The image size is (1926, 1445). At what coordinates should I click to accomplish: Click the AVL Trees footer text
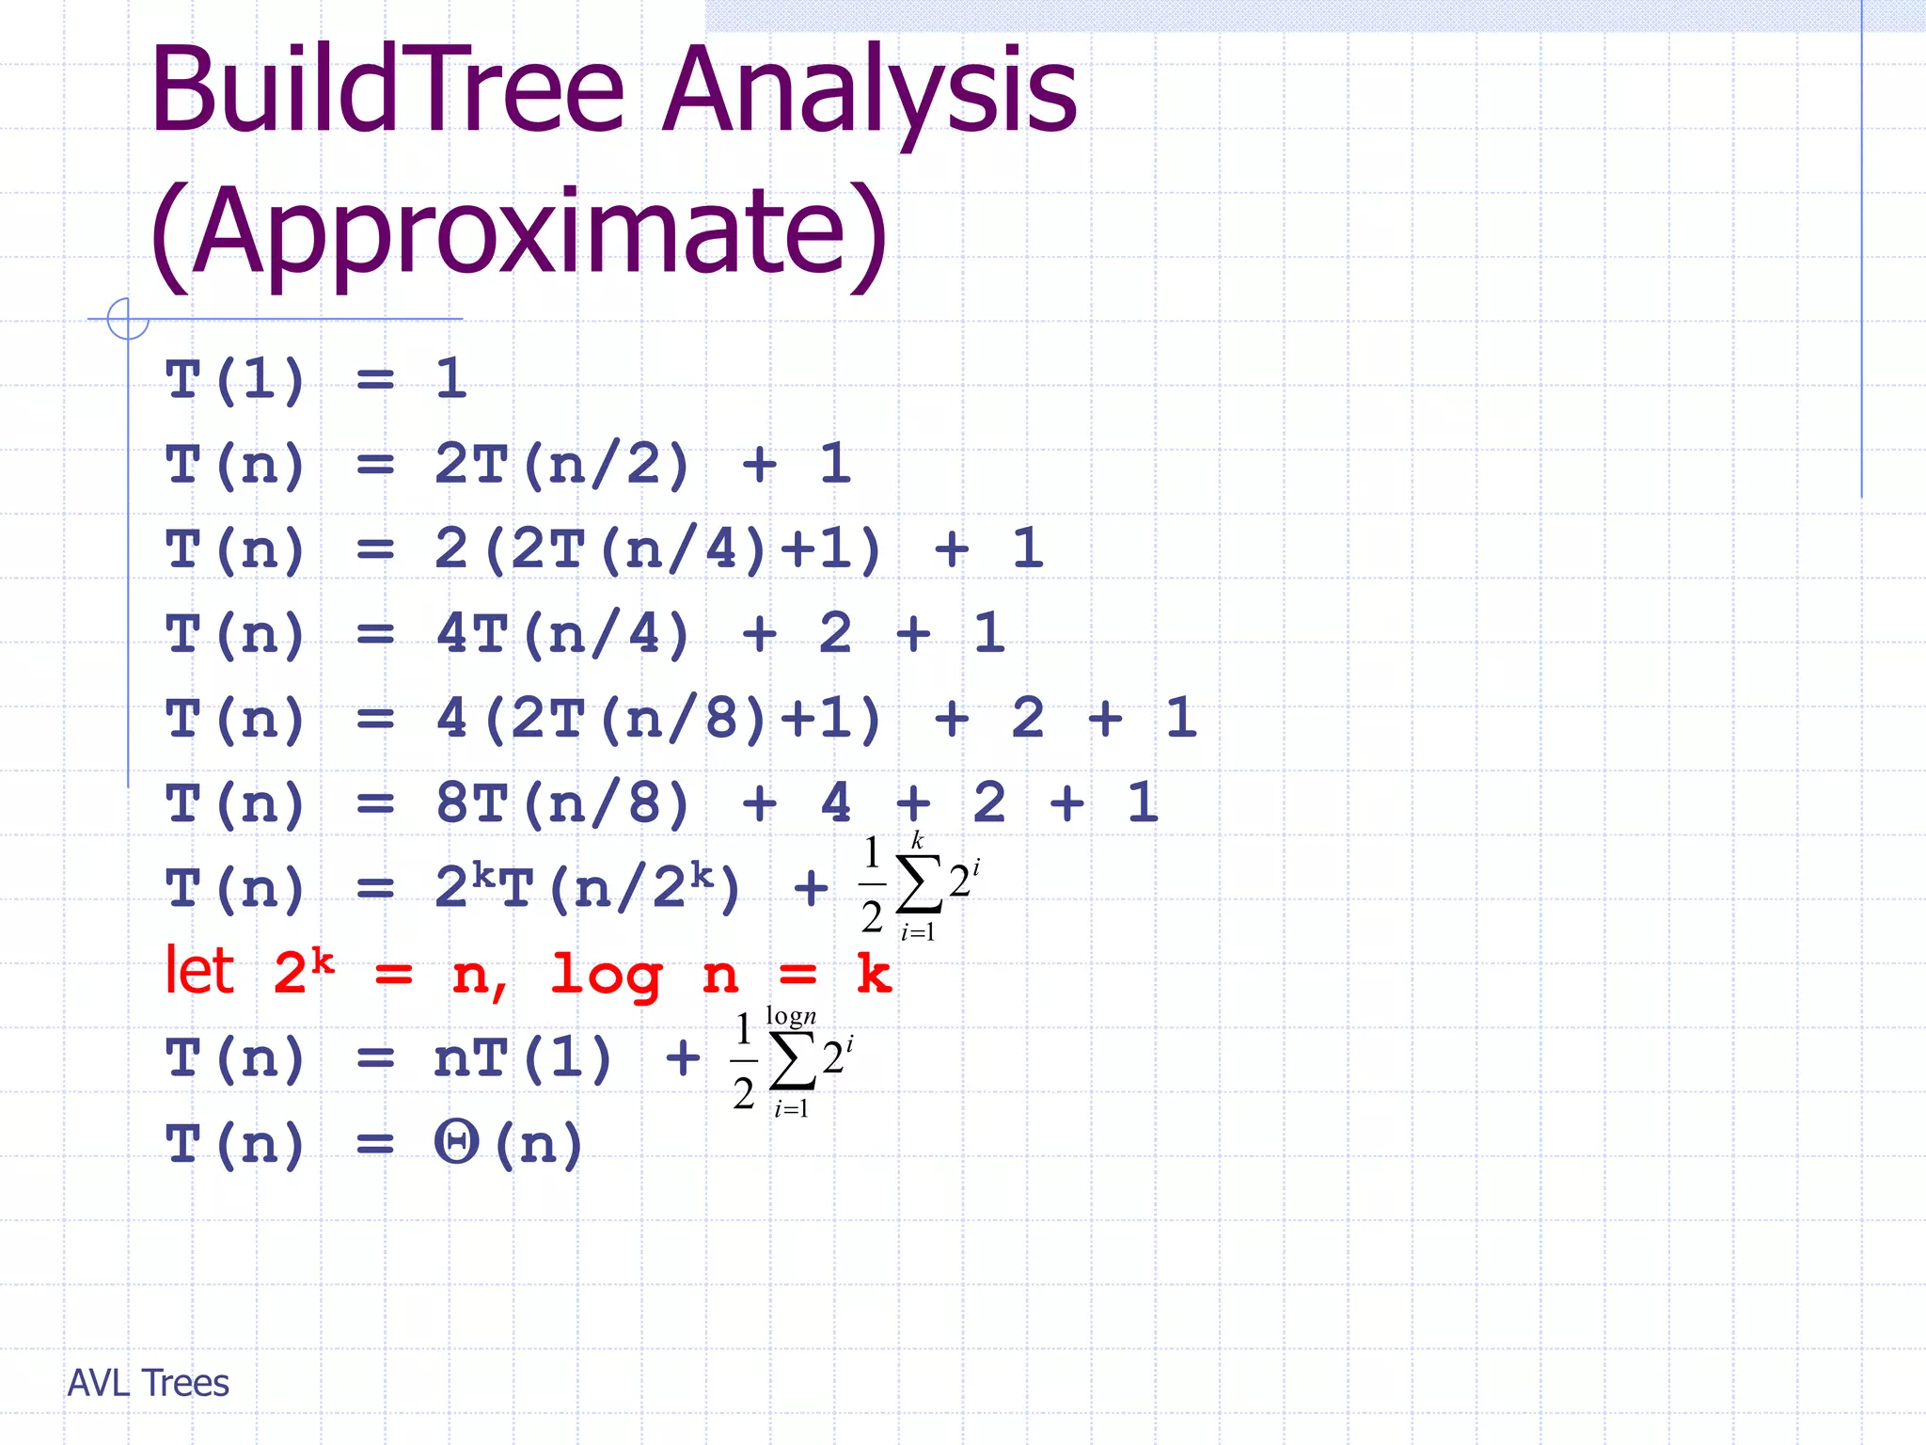[149, 1383]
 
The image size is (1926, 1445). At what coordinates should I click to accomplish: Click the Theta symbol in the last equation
[457, 1143]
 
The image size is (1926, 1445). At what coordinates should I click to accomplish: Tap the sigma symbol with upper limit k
[919, 884]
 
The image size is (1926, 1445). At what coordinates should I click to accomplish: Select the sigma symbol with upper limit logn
[792, 1061]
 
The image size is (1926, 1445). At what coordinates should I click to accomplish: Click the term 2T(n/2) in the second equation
[562, 465]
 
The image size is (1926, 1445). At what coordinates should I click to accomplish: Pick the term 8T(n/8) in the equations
[562, 804]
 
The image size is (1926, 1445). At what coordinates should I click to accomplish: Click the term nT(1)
[523, 1058]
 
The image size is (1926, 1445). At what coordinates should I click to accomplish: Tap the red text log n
[644, 975]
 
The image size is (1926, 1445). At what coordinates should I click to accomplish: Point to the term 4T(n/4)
[562, 634]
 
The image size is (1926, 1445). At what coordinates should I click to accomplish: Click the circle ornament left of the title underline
[128, 319]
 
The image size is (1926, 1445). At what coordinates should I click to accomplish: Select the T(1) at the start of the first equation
[235, 380]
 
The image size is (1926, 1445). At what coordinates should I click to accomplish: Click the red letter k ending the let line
[874, 975]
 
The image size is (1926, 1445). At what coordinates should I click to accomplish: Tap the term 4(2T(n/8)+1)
[658, 719]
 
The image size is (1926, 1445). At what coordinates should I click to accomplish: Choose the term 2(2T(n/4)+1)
[658, 549]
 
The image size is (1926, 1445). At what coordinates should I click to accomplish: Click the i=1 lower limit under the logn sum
[791, 1109]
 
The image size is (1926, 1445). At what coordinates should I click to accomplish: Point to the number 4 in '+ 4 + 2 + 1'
[836, 804]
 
